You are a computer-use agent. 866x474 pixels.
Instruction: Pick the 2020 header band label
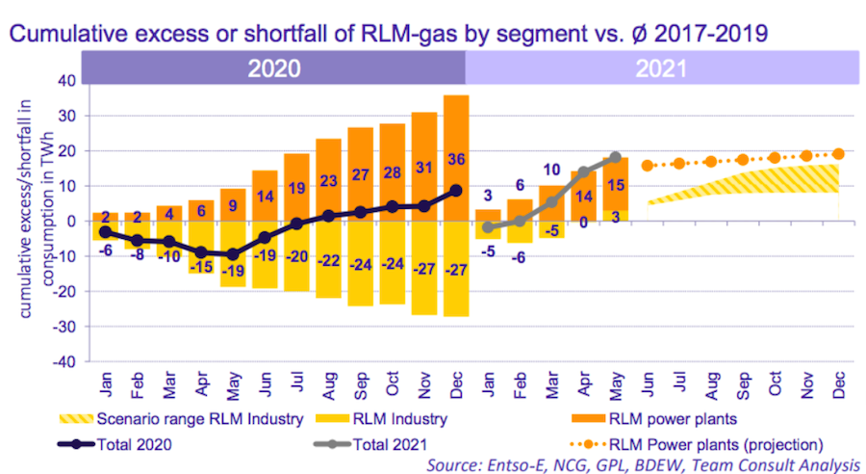click(x=273, y=67)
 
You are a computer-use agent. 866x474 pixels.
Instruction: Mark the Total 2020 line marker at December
click(x=457, y=191)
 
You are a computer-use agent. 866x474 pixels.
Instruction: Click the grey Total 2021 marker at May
click(x=616, y=157)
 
